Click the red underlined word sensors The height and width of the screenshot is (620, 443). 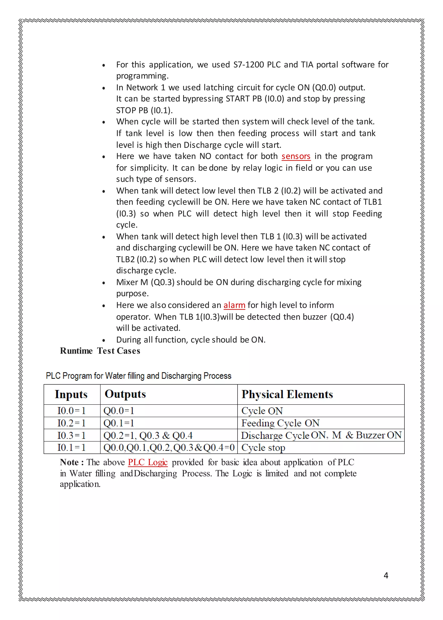click(296, 156)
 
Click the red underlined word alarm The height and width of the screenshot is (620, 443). click(234, 305)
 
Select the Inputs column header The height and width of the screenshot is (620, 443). click(71, 394)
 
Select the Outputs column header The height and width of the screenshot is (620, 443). click(125, 394)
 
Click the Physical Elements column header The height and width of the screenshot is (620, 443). click(287, 394)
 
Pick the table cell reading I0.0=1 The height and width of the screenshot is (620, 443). click(71, 411)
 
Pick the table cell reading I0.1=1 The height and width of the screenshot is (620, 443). click(71, 447)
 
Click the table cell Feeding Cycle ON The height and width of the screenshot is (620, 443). click(280, 423)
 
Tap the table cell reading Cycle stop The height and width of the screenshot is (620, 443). click(263, 448)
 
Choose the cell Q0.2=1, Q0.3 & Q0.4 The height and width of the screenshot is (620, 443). click(148, 435)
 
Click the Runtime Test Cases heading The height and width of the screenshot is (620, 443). click(100, 351)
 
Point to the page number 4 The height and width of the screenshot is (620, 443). click(386, 575)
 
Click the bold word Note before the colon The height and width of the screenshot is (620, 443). click(69, 462)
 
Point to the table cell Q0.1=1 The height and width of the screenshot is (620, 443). click(119, 423)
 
